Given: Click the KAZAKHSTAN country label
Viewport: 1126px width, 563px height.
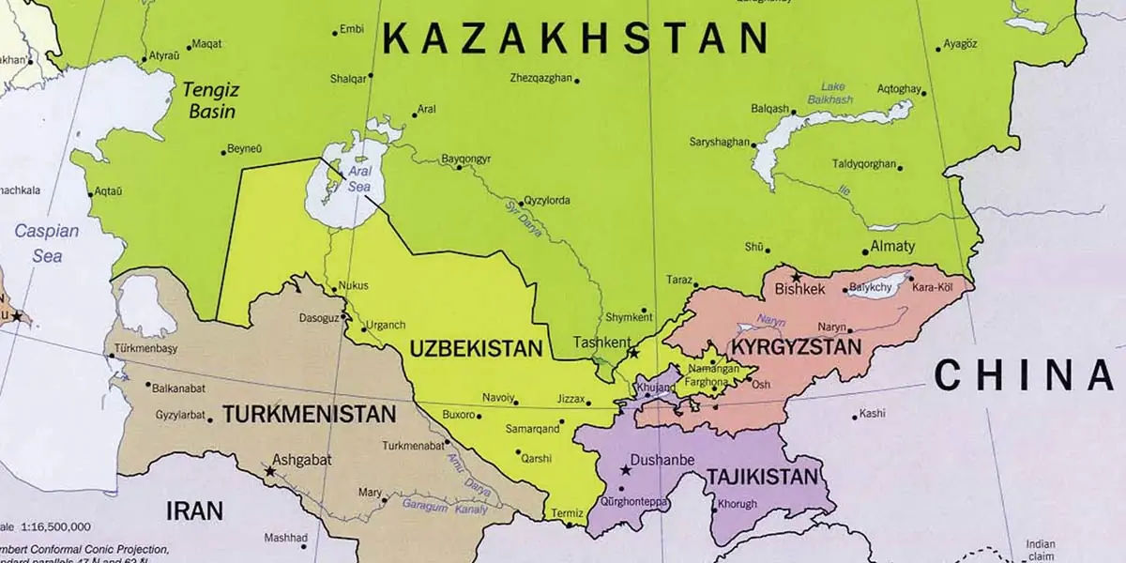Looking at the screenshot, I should click(x=577, y=39).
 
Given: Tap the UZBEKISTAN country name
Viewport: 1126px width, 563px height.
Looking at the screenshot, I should click(x=476, y=349).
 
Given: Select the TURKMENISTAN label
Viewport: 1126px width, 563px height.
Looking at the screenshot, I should click(x=309, y=412).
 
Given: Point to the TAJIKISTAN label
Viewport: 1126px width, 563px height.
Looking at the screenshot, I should click(x=761, y=476).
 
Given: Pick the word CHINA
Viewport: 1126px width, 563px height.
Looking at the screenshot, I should click(x=1027, y=375).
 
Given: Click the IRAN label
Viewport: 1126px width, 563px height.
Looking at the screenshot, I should click(x=194, y=511).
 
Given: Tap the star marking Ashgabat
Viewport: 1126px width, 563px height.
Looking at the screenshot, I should click(x=270, y=471).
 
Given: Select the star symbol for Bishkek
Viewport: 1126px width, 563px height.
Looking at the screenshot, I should click(x=797, y=277).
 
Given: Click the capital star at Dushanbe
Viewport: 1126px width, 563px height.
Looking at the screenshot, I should click(x=626, y=469).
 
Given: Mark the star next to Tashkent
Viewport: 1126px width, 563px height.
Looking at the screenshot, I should click(x=634, y=354).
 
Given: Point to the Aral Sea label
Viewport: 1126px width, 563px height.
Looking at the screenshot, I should click(x=359, y=179).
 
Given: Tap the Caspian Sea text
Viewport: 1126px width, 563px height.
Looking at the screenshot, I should click(x=46, y=243).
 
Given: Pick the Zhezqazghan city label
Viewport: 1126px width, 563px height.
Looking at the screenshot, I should click(x=540, y=78).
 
